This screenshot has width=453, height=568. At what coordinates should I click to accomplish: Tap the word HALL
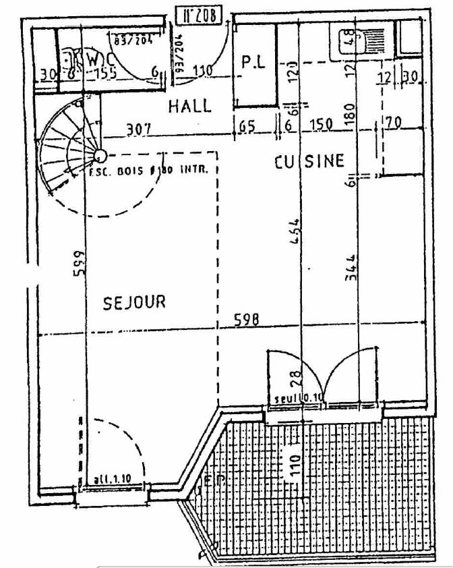click(x=189, y=106)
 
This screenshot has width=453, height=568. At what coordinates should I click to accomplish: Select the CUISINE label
click(x=309, y=161)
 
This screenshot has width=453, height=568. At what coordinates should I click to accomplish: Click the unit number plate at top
click(x=198, y=15)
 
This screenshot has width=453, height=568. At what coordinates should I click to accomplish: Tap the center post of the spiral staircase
click(x=99, y=155)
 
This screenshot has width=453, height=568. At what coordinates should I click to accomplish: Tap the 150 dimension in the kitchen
click(x=320, y=125)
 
